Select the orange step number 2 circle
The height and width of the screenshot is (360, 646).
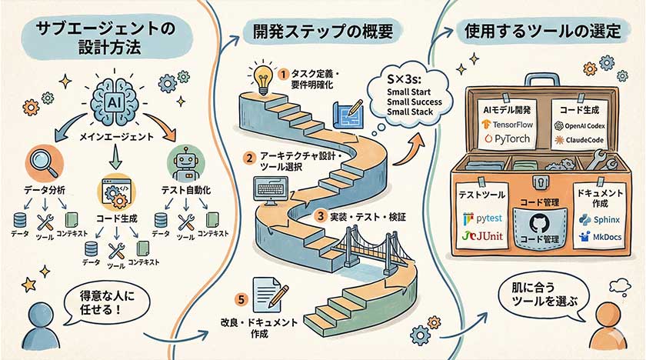tap(249, 159)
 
